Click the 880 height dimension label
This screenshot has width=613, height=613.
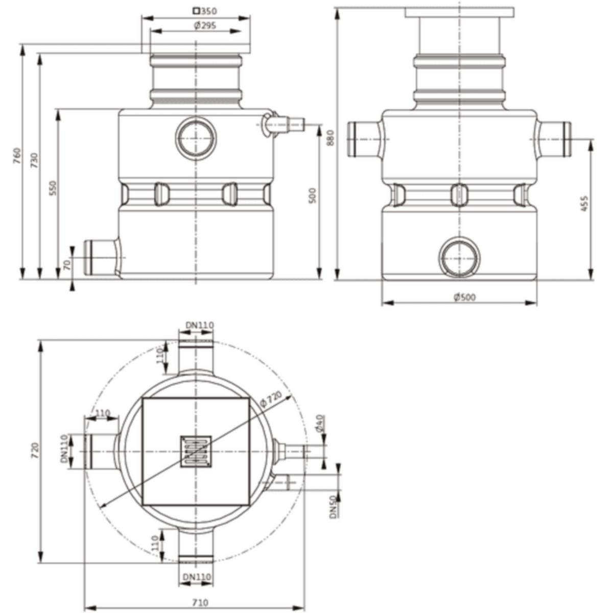pos(331,137)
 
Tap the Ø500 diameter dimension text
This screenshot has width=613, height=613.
pos(465,297)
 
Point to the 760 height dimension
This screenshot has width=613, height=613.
pos(17,156)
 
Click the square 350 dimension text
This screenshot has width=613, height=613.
pos(205,11)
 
